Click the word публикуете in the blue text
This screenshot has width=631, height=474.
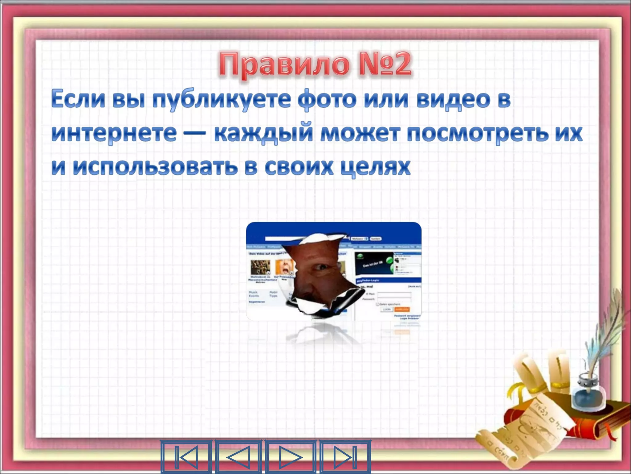[x=222, y=100]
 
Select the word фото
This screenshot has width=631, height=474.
[x=327, y=100]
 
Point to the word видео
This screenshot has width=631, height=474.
[x=453, y=100]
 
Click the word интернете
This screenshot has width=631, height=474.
[x=114, y=133]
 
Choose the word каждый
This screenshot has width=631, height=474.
[x=264, y=133]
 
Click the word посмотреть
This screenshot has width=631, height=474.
[x=478, y=133]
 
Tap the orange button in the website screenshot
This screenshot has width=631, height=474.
[x=402, y=309]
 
